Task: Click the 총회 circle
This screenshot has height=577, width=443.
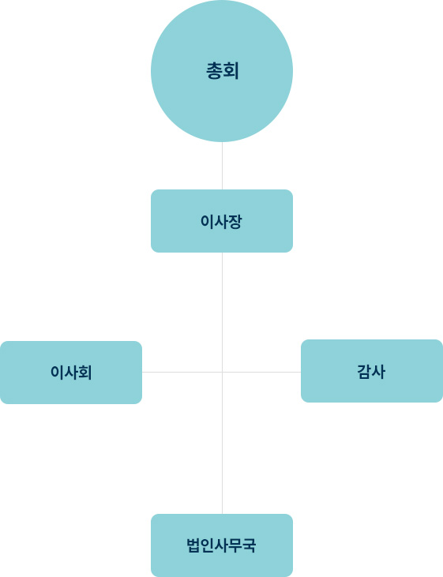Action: [222, 71]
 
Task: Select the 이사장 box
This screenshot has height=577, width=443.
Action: [222, 221]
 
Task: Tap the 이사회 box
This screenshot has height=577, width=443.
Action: [71, 373]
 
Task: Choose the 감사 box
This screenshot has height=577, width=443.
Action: [372, 371]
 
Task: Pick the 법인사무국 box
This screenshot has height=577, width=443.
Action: [222, 545]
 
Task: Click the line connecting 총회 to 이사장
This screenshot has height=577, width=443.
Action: [222, 166]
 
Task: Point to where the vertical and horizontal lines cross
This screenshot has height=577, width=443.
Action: [222, 372]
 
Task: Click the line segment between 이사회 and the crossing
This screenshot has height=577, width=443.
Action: [182, 372]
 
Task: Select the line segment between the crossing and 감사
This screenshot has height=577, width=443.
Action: [261, 372]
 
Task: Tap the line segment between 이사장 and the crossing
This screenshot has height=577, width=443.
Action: [222, 312]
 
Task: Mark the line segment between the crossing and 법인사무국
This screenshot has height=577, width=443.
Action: [222, 443]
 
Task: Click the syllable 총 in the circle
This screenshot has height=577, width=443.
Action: [213, 71]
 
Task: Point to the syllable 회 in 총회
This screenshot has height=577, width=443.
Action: [231, 71]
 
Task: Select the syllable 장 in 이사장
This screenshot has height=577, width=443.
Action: [235, 222]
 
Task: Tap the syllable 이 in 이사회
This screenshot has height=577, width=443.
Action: [57, 373]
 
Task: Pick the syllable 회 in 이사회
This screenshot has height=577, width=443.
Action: [85, 373]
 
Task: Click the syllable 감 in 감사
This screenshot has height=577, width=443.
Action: [364, 372]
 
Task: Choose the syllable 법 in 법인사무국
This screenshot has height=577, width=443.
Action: [193, 545]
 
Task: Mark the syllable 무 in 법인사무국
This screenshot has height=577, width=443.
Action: [235, 545]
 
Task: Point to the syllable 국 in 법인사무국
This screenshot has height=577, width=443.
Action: [249, 545]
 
